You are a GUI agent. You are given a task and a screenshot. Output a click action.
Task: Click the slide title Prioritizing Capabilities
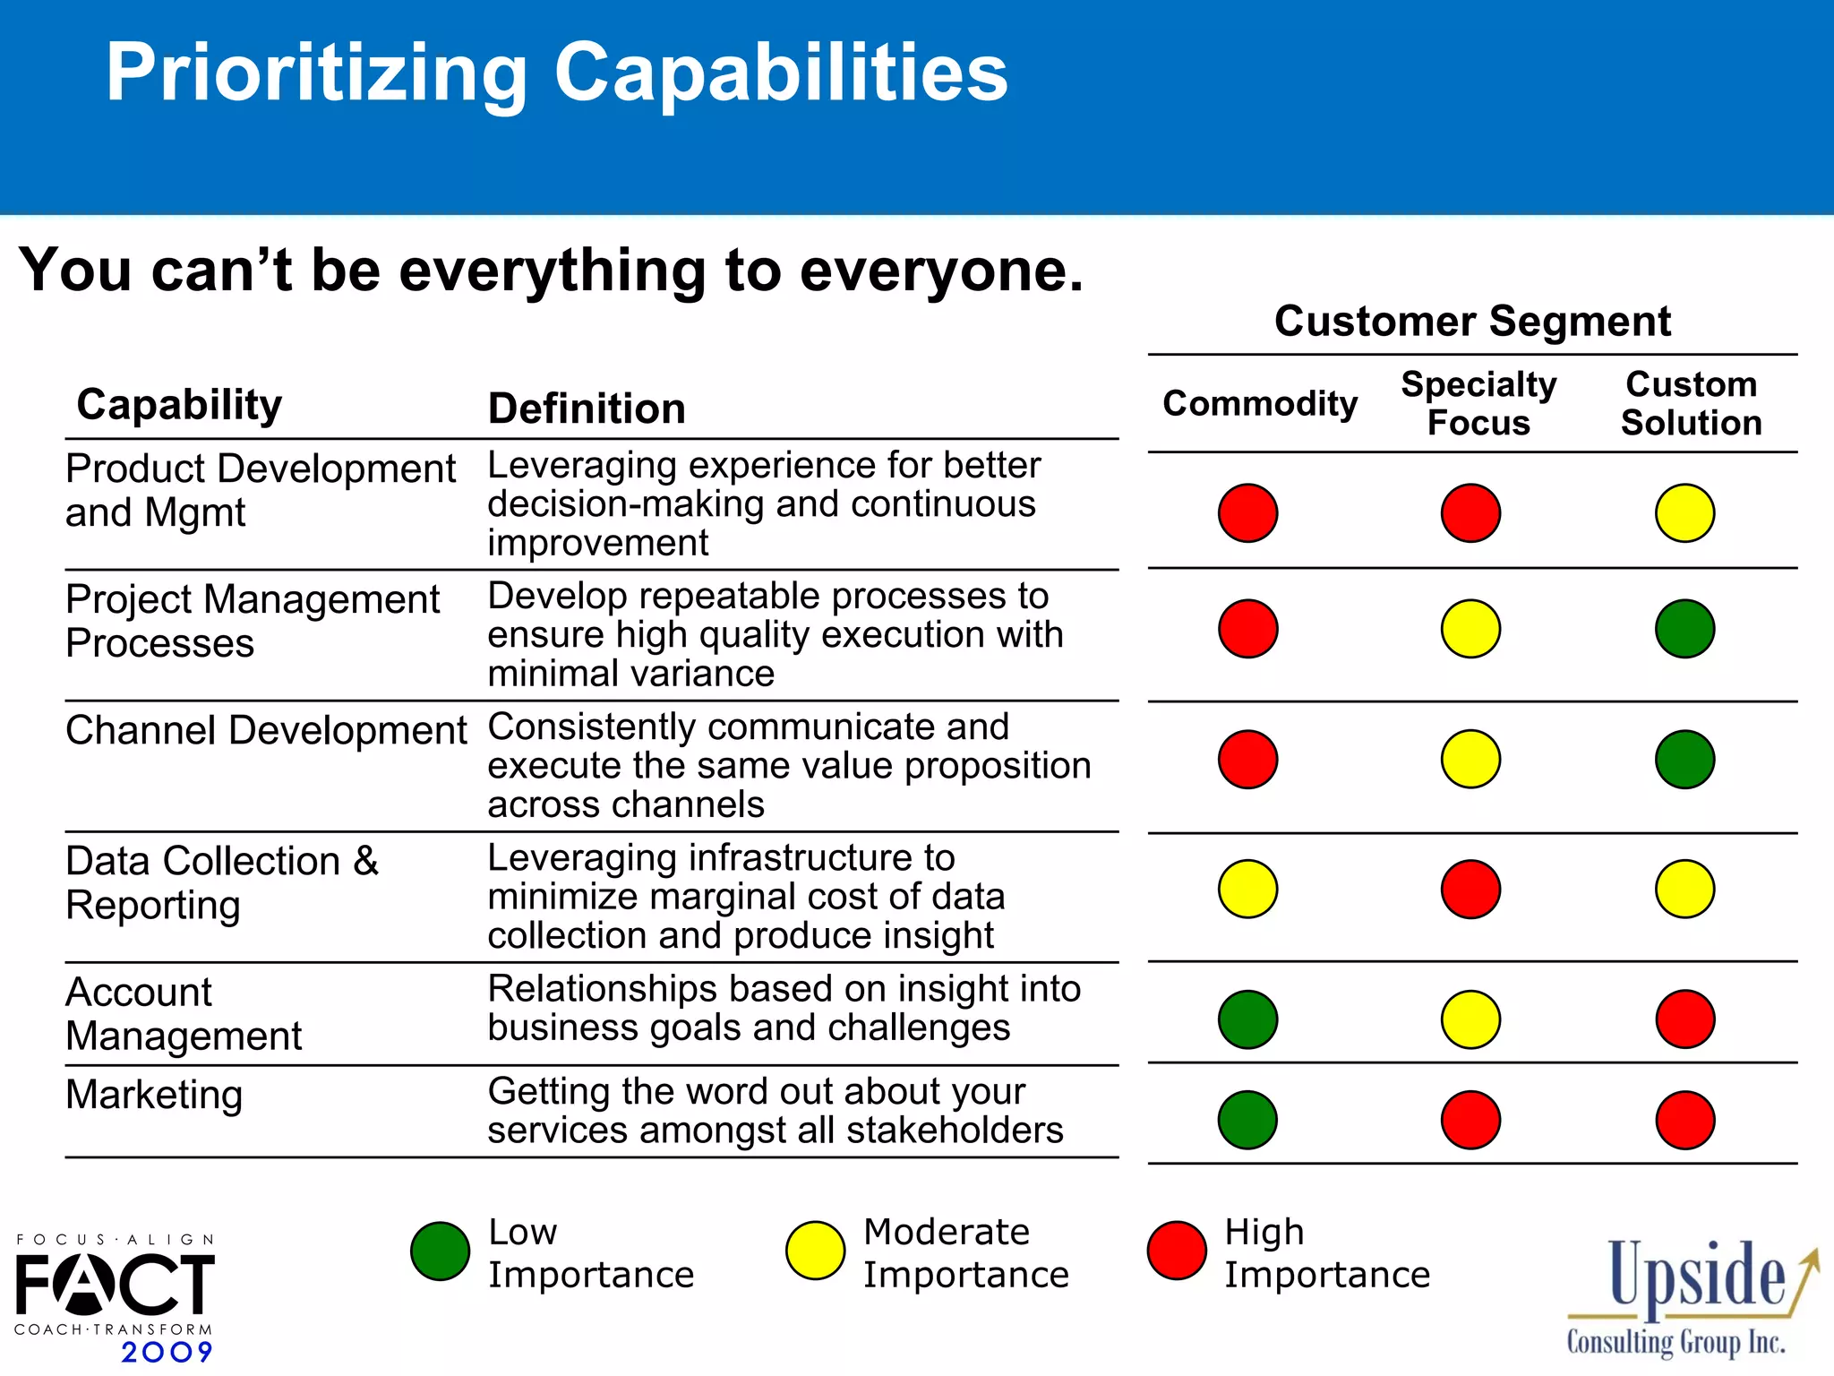[x=556, y=73]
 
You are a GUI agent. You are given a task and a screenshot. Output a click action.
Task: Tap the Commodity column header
[x=1259, y=404]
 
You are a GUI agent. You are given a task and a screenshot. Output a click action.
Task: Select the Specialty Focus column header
[x=1478, y=403]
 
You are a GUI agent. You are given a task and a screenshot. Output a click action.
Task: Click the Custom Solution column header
[x=1691, y=403]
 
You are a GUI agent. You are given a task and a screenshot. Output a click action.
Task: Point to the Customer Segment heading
[x=1472, y=321]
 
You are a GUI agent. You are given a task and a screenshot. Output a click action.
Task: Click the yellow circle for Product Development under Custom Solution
[x=1684, y=513]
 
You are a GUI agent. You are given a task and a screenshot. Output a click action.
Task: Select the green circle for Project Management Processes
[x=1684, y=629]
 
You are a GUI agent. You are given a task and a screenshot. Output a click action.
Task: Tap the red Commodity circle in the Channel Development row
[x=1247, y=760]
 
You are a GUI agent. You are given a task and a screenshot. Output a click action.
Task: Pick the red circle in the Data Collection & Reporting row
[x=1470, y=889]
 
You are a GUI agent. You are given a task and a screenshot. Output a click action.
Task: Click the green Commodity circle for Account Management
[x=1247, y=1019]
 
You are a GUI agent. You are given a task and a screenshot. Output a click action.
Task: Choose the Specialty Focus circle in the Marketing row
[x=1470, y=1120]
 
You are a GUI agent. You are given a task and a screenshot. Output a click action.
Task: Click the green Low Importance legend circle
[x=440, y=1251]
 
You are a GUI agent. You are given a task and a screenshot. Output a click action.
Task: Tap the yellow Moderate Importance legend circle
[x=815, y=1251]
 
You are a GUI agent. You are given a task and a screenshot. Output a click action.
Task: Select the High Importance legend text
[x=1326, y=1252]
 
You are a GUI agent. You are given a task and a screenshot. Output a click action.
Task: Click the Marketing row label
[x=154, y=1095]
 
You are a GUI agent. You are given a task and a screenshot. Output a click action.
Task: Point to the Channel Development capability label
[x=266, y=730]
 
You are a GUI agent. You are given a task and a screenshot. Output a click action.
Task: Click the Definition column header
[x=587, y=408]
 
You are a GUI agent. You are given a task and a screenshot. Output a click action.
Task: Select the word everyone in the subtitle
[x=940, y=271]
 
